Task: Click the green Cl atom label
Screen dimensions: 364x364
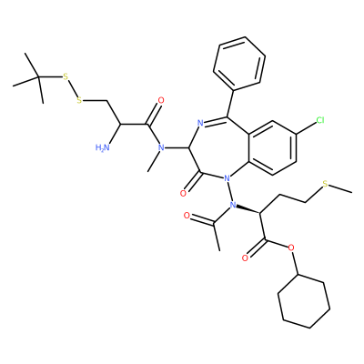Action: [x=320, y=120]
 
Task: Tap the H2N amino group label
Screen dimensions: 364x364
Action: [x=102, y=147]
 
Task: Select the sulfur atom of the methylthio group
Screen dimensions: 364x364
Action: [x=325, y=184]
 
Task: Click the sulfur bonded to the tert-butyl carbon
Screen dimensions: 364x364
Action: [x=65, y=76]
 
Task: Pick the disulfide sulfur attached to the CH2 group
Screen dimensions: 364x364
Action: [x=79, y=100]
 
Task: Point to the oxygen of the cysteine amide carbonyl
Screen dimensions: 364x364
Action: [x=161, y=100]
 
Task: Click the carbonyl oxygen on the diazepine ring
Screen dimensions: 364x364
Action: [x=183, y=193]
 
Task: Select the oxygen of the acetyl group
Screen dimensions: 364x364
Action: [x=187, y=216]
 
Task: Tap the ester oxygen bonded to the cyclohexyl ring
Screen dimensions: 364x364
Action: [x=291, y=248]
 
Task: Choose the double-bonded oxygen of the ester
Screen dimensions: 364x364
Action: [x=245, y=258]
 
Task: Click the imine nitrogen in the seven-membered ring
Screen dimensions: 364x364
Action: [x=200, y=123]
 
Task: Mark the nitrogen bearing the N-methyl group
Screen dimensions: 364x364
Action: [x=161, y=147]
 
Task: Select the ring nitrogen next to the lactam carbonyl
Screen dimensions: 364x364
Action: [x=226, y=178]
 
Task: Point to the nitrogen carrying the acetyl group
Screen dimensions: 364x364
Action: [x=233, y=205]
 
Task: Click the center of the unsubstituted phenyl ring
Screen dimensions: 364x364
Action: [x=239, y=64]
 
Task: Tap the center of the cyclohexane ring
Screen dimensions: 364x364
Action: [x=304, y=301]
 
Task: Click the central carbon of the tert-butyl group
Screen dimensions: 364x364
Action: [x=38, y=77]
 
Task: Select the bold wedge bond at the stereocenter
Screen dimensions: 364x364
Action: [x=248, y=209]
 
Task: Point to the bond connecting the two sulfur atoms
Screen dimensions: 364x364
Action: [x=72, y=88]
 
